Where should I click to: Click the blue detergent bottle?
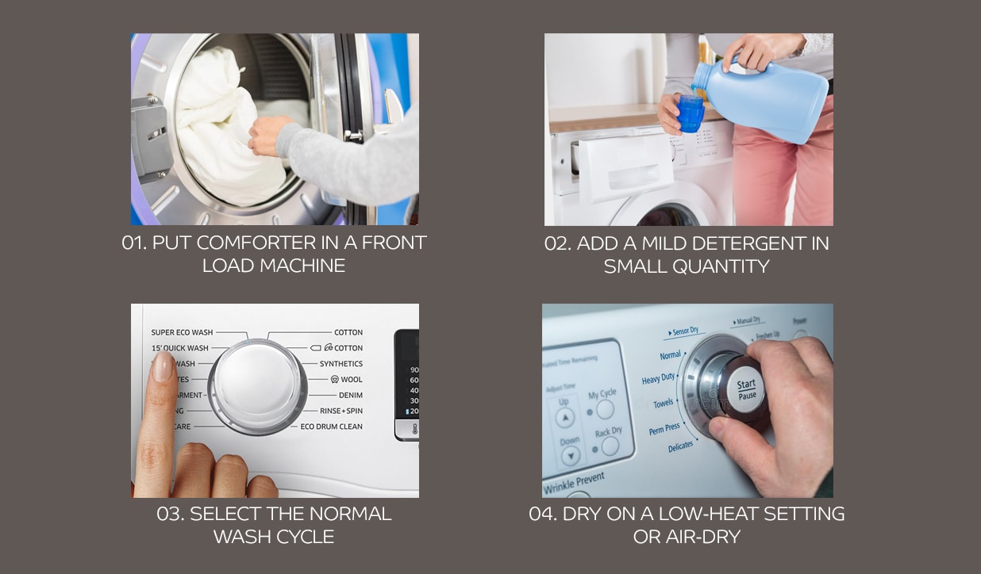pyautogui.click(x=762, y=99)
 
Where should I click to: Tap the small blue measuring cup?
pyautogui.click(x=690, y=113)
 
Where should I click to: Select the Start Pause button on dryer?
pyautogui.click(x=746, y=389)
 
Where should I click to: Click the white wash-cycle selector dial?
pyautogui.click(x=257, y=386)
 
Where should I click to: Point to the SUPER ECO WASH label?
pyautogui.click(x=182, y=332)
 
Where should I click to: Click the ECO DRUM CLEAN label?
pyautogui.click(x=331, y=427)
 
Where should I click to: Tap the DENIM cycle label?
pyautogui.click(x=350, y=396)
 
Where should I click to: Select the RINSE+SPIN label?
pyautogui.click(x=340, y=411)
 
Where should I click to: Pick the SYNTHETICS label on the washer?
pyautogui.click(x=340, y=364)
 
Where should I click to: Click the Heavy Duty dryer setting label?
pyautogui.click(x=658, y=380)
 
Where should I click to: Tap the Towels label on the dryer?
pyautogui.click(x=663, y=404)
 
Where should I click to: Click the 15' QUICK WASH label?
pyautogui.click(x=180, y=348)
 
